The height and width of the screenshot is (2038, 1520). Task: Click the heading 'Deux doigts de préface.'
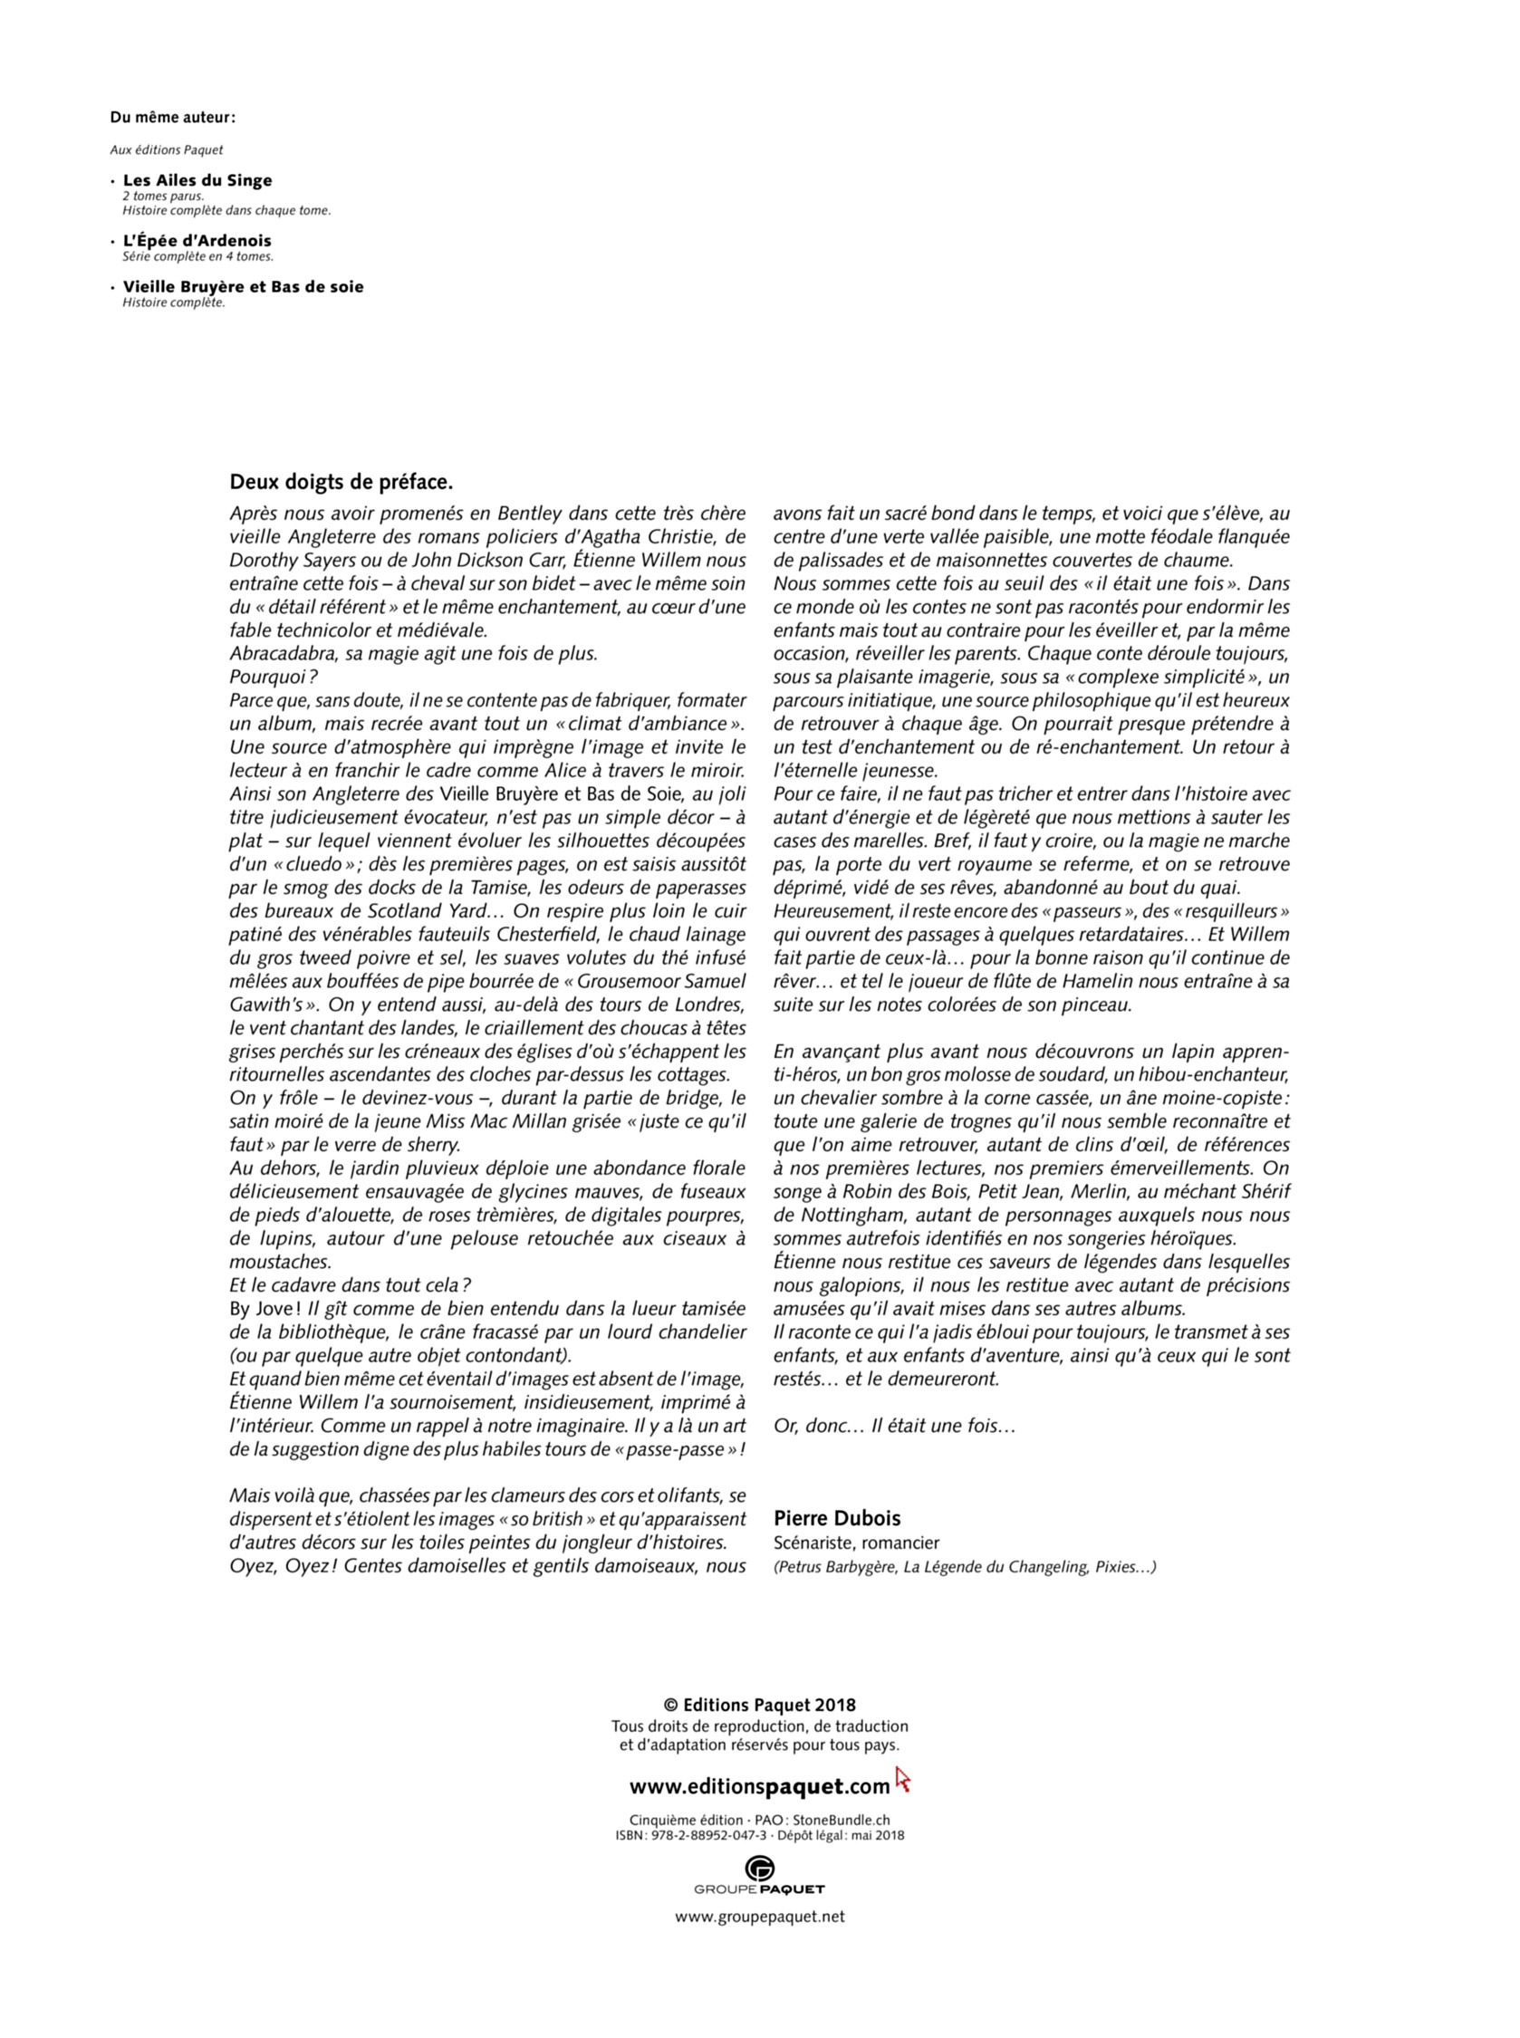click(342, 482)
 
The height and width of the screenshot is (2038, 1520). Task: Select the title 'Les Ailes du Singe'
click(197, 180)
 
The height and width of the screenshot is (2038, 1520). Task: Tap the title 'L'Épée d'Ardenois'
click(197, 241)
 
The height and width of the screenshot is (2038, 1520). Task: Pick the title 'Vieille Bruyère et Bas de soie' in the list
click(243, 287)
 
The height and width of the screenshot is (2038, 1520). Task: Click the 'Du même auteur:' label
click(172, 118)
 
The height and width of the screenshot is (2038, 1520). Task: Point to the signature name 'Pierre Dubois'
click(836, 1519)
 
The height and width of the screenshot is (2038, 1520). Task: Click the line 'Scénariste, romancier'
click(856, 1543)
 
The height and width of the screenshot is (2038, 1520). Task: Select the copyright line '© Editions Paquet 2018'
click(760, 1706)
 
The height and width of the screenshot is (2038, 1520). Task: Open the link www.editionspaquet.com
click(759, 1787)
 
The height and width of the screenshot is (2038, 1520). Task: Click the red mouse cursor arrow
click(901, 1779)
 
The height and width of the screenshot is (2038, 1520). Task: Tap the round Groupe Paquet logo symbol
click(760, 1869)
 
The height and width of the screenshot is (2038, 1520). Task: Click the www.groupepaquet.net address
click(760, 1918)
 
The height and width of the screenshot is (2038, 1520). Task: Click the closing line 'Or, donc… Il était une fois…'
click(893, 1426)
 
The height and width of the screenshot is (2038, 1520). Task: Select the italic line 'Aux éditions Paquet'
click(167, 150)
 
